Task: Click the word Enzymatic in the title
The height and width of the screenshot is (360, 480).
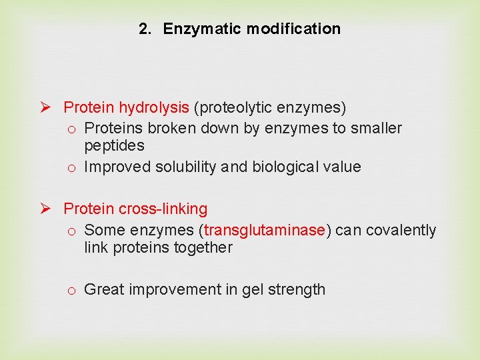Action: [x=203, y=29]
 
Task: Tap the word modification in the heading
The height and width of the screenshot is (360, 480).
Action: [x=293, y=29]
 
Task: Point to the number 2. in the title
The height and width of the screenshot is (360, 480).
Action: [x=146, y=29]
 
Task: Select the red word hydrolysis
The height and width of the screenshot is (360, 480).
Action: [x=154, y=107]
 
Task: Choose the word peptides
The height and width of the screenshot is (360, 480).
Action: [x=114, y=145]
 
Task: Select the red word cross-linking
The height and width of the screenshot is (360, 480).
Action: [x=163, y=209]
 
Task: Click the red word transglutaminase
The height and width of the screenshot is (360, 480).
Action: [x=265, y=230]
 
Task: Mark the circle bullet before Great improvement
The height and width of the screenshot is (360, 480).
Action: [x=71, y=290]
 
